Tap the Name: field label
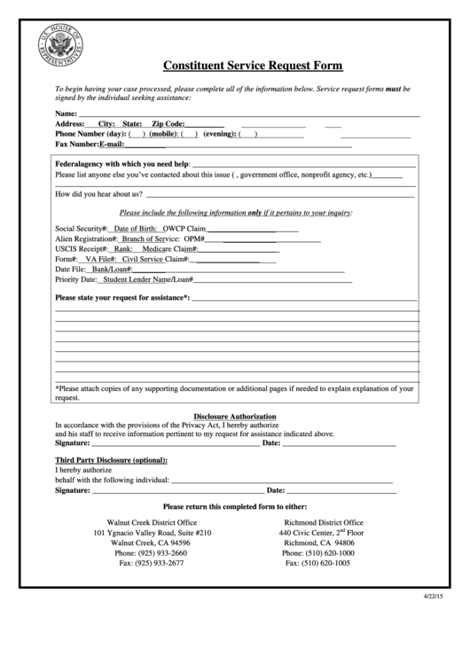66,115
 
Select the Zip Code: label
168,125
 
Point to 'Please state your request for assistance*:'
122,297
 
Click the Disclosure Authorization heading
235,417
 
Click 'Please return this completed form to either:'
235,506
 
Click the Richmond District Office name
323,523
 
